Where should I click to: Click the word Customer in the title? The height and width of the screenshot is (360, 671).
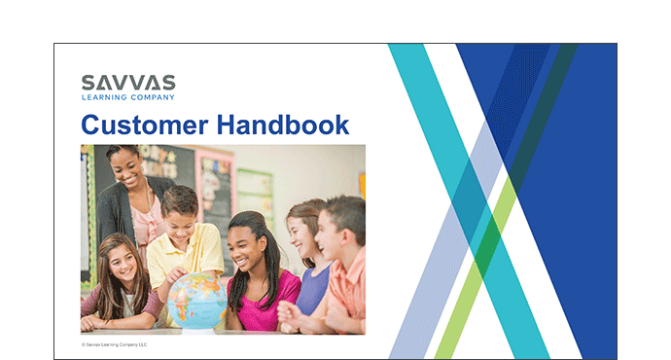tap(145, 125)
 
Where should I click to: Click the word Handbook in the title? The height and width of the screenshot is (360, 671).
tap(283, 125)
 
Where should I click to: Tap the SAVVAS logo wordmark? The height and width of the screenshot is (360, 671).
tap(128, 83)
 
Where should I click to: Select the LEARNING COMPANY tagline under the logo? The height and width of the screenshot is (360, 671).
tap(128, 97)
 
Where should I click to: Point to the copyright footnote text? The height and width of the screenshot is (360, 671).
tap(114, 344)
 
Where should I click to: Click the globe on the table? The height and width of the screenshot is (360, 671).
tap(196, 301)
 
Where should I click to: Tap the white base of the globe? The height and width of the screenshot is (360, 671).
tap(198, 331)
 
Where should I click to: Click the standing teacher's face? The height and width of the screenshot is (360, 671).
tap(127, 168)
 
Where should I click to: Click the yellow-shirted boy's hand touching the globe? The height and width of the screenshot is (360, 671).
tap(176, 275)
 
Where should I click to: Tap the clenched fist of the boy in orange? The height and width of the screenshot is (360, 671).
tap(288, 314)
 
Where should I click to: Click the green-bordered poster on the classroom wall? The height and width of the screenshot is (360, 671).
tap(255, 194)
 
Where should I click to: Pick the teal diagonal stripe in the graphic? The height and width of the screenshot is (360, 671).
tap(469, 201)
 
